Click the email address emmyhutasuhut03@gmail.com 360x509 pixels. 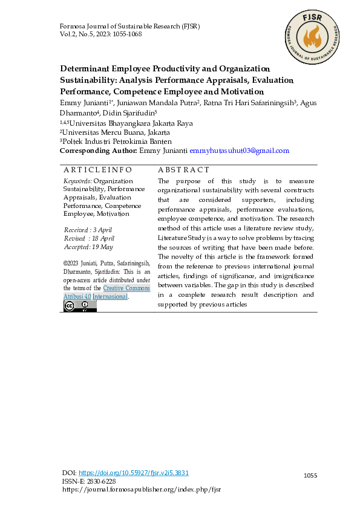coord(239,151)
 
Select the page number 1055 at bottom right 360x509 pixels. coord(310,476)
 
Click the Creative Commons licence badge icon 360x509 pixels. coord(80,306)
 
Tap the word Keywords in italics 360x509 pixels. coord(77,181)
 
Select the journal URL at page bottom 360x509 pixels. coord(142,490)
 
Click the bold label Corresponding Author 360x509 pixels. coord(98,151)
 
